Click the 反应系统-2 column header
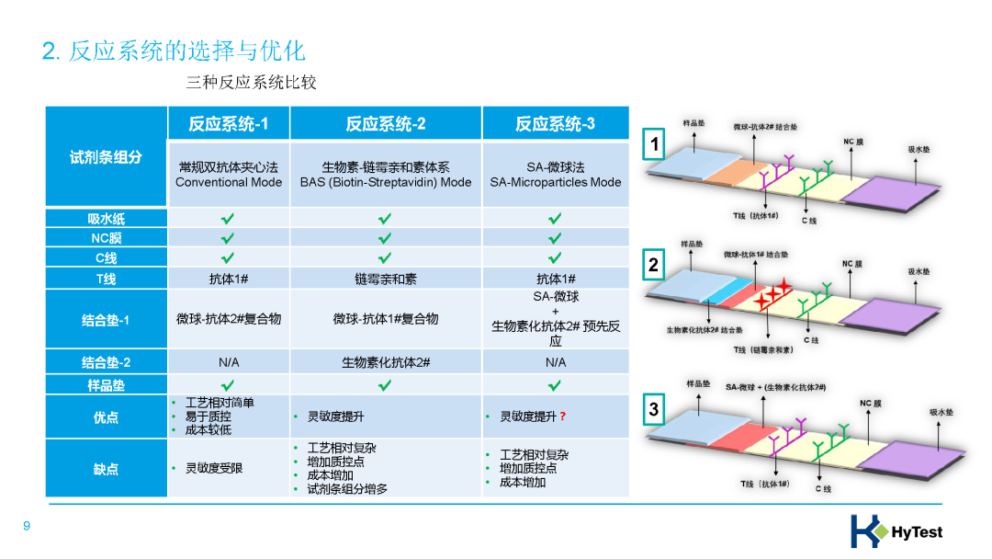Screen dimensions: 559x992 pos(385,124)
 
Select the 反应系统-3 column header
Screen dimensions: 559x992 pos(555,124)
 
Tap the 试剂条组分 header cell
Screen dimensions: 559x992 pos(106,156)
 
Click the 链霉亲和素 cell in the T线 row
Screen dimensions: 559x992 pos(385,279)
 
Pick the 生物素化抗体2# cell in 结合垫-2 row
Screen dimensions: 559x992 pos(385,362)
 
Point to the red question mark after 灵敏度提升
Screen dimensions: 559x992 pos(562,416)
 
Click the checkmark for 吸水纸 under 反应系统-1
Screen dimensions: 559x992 pos(228,219)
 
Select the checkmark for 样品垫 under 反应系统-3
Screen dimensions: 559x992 pos(555,384)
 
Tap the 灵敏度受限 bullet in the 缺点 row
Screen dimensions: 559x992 pos(214,469)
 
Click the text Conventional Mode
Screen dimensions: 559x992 pos(229,182)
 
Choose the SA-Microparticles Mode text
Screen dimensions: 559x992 pos(555,182)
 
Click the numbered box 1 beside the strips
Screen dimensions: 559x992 pos(654,144)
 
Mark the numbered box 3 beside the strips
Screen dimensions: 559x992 pos(654,410)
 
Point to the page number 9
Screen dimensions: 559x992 pos(27,526)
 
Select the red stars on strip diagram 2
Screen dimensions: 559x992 pos(772,292)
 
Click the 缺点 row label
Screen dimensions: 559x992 pos(106,469)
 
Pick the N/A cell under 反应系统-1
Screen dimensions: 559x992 pos(229,362)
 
